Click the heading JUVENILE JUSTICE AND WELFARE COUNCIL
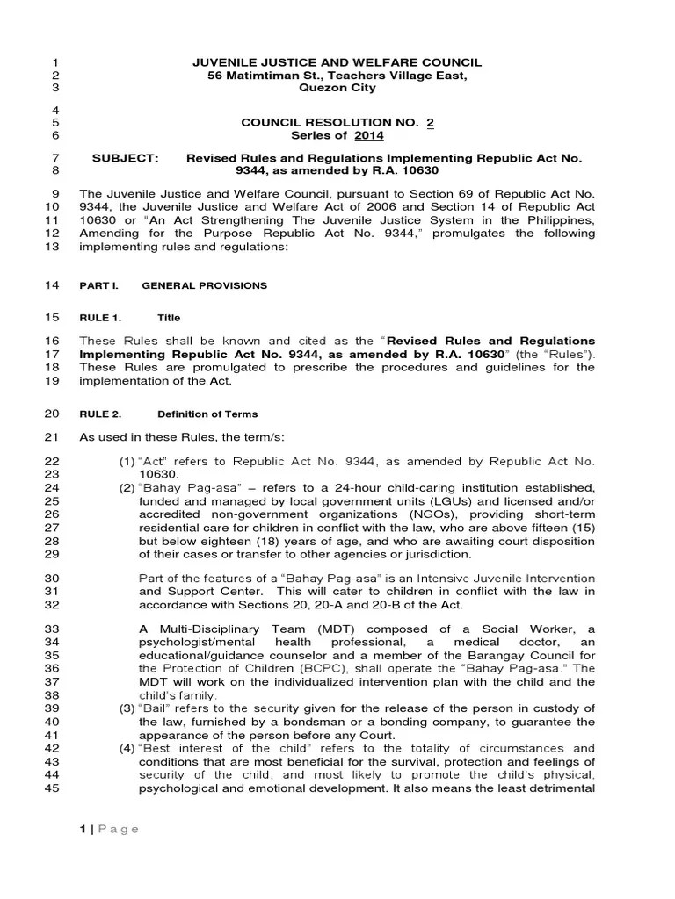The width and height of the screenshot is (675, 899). (x=337, y=61)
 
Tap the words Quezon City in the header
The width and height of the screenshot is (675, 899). (x=337, y=88)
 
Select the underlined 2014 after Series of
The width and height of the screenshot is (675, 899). (x=369, y=135)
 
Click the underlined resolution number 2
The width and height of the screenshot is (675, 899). (x=430, y=122)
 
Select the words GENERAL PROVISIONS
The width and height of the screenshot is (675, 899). (x=205, y=285)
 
